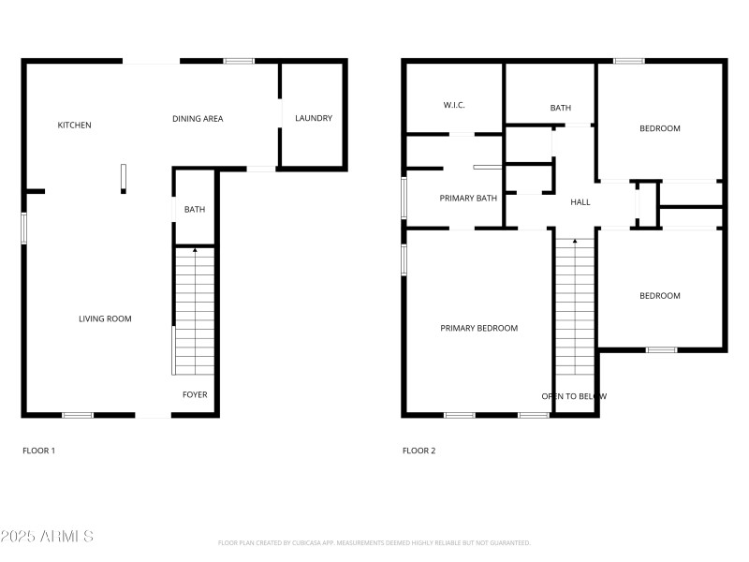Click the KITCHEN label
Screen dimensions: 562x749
(x=75, y=126)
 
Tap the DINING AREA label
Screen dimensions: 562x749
(x=198, y=119)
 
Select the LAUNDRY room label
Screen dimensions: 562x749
(x=314, y=118)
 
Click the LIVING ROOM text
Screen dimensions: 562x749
(x=105, y=319)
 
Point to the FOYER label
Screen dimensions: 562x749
(x=195, y=395)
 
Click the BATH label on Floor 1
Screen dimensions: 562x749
(x=195, y=210)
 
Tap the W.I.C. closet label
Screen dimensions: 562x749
(x=454, y=105)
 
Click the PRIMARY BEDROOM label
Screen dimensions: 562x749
(x=479, y=328)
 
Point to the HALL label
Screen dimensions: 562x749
(x=580, y=201)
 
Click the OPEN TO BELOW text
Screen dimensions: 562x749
(x=574, y=396)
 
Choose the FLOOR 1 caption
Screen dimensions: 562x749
(x=39, y=451)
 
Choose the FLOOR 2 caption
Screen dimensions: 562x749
(x=419, y=451)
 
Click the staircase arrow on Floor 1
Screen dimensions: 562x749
(x=195, y=250)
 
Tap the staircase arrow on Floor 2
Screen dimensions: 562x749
(x=575, y=241)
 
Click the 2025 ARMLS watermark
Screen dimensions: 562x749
(x=47, y=537)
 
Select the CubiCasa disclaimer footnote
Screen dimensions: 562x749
(x=374, y=543)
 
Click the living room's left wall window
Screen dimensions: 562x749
(x=24, y=228)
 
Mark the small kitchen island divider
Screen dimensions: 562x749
(x=123, y=178)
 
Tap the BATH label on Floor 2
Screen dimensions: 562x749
(x=561, y=109)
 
